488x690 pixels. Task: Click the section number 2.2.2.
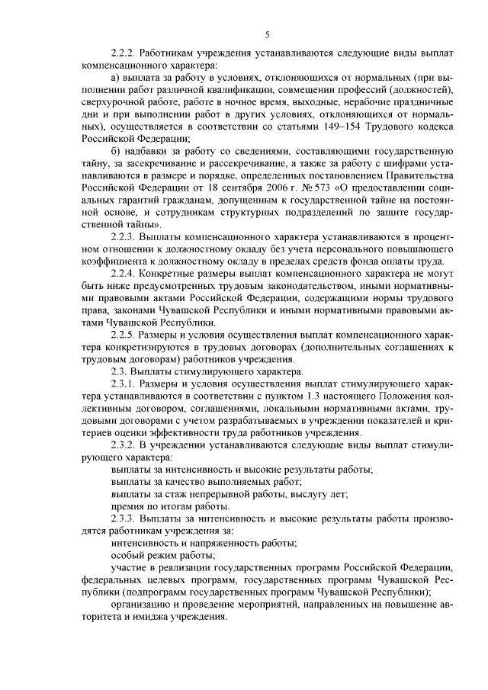click(x=122, y=55)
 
